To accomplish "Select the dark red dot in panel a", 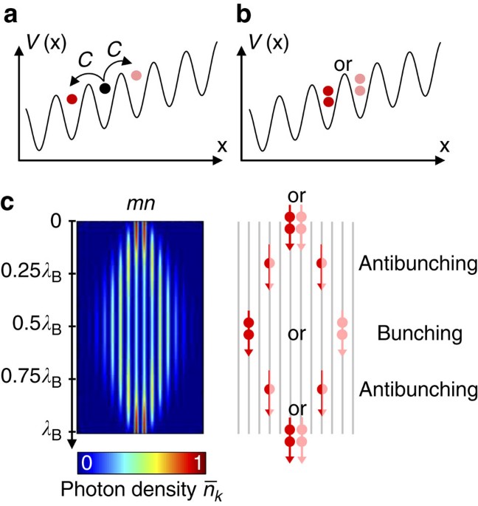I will pyautogui.click(x=72, y=98).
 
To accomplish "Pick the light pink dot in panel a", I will pyautogui.click(x=136, y=75).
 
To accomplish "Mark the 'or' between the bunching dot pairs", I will pyautogui.click(x=297, y=335).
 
